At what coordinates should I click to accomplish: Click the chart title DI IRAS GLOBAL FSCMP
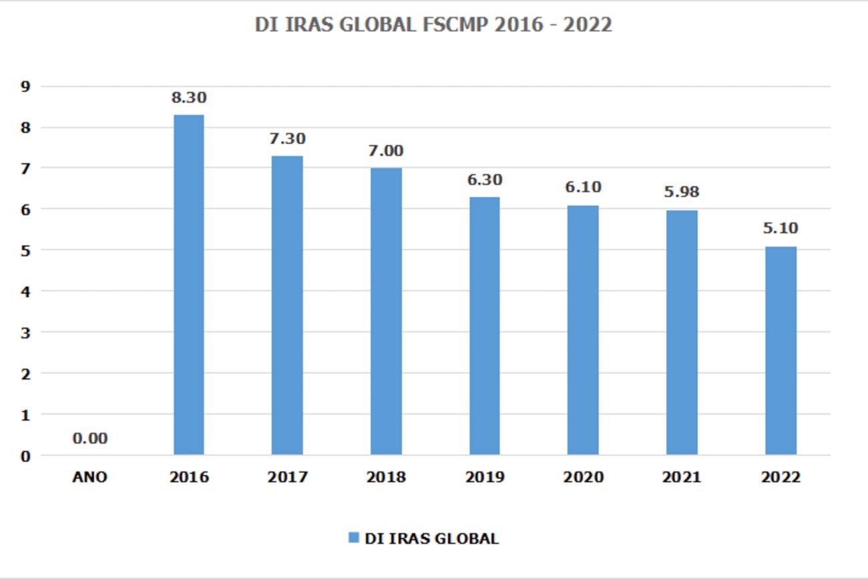coord(433,25)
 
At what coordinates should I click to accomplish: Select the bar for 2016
coord(188,285)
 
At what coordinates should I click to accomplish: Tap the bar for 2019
coord(484,326)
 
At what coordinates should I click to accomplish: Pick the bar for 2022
coord(781,351)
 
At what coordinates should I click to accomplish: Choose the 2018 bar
coord(386,311)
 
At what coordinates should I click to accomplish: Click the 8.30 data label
coord(189,98)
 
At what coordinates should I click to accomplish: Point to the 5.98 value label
coord(682,192)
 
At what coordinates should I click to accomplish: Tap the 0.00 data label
coord(90,439)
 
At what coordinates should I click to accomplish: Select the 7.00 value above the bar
coord(386,151)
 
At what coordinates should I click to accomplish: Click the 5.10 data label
coord(781,228)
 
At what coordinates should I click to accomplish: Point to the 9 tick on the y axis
coord(26,86)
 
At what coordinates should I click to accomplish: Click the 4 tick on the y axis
coord(26,291)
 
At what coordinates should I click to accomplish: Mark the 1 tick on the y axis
coord(26,415)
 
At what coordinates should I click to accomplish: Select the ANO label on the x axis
coord(90,477)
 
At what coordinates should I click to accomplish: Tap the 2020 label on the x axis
coord(583,477)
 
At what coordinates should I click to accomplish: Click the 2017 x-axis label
coord(287,477)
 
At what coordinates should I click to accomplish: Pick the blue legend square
coord(354,538)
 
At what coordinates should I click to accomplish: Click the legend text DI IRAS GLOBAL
coord(431,538)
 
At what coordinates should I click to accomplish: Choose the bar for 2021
coord(682,333)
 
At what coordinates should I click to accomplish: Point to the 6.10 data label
coord(583,187)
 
